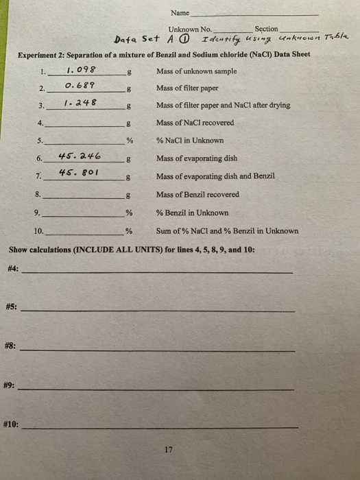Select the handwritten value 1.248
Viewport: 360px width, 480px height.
pos(80,103)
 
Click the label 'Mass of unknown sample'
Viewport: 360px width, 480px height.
pos(196,71)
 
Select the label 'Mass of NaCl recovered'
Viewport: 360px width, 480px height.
pos(195,123)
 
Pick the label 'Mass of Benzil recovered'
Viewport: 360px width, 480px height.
pos(197,195)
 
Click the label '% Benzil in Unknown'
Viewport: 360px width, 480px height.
pos(192,213)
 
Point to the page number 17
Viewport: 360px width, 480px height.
pos(169,450)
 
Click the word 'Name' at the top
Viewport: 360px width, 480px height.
pos(180,13)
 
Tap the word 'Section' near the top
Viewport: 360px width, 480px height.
pos(266,29)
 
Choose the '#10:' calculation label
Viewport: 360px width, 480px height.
pos(13,425)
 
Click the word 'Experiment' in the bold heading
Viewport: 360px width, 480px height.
pos(38,54)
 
